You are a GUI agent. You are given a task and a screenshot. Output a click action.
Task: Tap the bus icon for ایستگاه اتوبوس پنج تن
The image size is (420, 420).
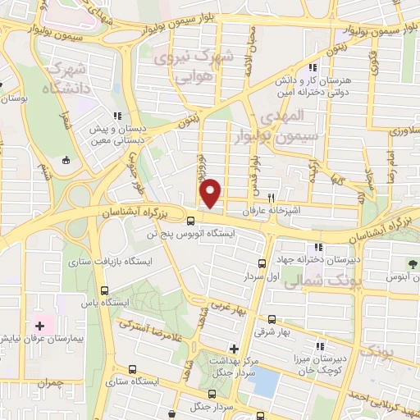pyautogui.click(x=190, y=220)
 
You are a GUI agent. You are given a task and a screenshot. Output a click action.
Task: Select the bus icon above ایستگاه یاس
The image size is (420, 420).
pyautogui.click(x=103, y=290)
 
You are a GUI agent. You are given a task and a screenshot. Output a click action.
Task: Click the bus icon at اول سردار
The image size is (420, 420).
pyautogui.click(x=262, y=263)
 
